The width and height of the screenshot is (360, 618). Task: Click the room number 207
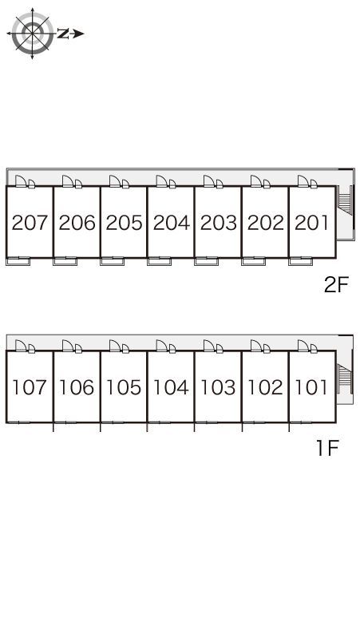coord(30,223)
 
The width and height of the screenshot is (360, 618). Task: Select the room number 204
coord(172,223)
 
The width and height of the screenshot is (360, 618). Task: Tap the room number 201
coord(311,223)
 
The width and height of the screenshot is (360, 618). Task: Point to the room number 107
coord(30,387)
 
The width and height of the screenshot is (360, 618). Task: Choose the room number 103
coord(218,387)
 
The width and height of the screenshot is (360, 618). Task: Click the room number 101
coord(311,387)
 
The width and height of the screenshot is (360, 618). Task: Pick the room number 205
coord(124,223)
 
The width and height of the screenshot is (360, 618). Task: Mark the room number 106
coord(77,387)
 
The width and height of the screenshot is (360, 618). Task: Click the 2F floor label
coord(336,285)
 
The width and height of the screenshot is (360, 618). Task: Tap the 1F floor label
coord(328,448)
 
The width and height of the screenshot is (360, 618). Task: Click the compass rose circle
coord(32,34)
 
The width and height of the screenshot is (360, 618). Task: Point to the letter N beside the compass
coord(62,34)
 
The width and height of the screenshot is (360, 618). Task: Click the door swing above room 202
coord(256,181)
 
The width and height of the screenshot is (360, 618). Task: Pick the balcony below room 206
coord(65,261)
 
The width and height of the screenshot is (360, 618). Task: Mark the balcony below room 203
coord(207,261)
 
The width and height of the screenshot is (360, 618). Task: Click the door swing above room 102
coord(256,346)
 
